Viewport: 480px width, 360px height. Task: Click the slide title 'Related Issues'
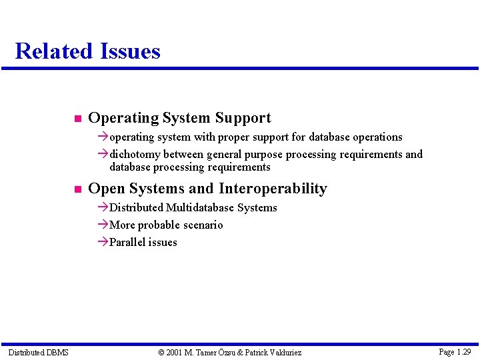[x=87, y=51]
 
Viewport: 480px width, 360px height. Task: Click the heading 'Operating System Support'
[x=179, y=118]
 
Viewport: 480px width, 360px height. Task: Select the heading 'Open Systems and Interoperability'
[x=207, y=189]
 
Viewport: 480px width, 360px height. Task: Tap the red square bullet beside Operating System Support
[x=77, y=119]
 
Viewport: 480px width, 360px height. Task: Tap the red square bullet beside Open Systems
[x=77, y=190]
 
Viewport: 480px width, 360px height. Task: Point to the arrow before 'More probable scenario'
[x=102, y=225]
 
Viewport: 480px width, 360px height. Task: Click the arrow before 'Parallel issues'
[x=102, y=242]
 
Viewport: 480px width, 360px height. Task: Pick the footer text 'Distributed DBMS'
[x=38, y=352]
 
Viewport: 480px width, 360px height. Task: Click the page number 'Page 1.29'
[x=455, y=351]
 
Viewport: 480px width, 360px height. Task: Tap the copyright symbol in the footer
[x=161, y=352]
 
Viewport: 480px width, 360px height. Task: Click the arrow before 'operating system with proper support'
[x=102, y=137]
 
